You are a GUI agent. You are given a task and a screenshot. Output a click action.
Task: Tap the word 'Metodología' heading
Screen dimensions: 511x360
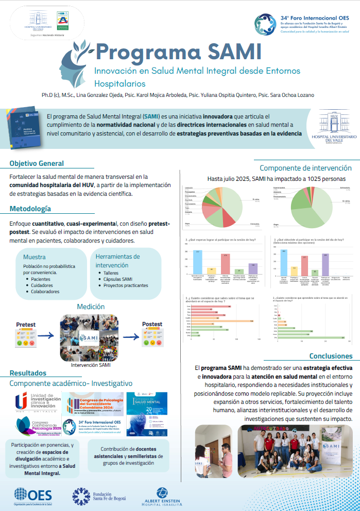30,209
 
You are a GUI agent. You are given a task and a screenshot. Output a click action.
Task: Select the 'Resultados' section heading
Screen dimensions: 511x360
28,372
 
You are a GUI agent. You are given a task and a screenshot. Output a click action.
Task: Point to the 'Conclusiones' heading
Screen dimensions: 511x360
331,356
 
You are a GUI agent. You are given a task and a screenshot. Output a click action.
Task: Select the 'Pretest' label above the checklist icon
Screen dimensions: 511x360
26,324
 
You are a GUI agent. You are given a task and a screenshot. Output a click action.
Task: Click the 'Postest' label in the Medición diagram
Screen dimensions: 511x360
152,324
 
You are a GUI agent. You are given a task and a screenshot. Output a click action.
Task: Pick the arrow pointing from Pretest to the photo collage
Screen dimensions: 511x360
46,335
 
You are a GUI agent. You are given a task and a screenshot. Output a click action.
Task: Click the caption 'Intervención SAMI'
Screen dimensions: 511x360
90,365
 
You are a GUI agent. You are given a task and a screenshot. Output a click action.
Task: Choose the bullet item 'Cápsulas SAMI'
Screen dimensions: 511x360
118,279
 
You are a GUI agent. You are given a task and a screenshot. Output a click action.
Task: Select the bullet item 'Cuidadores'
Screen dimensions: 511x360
43,285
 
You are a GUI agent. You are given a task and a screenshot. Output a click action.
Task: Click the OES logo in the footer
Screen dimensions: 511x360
33,495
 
